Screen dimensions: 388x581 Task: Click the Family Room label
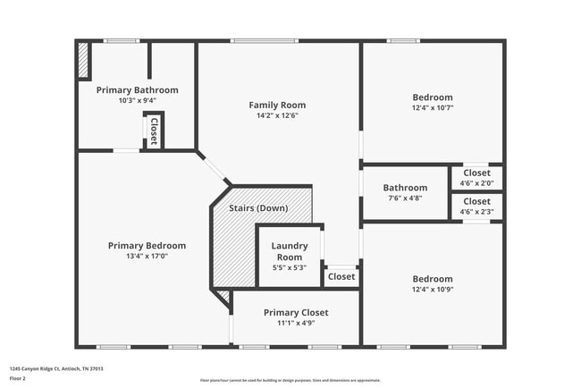[277, 105]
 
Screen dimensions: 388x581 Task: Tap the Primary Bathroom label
[137, 90]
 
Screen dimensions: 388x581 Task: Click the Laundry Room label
[290, 251]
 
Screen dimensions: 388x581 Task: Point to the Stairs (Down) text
[258, 207]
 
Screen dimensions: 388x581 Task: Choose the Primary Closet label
[296, 312]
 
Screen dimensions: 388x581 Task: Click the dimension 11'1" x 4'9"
[296, 323]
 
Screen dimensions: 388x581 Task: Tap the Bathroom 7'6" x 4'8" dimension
[405, 198]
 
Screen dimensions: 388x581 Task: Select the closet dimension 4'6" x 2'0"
[476, 183]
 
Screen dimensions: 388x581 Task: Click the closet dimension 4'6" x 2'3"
[476, 212]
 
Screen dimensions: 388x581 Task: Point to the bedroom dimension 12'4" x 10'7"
[432, 108]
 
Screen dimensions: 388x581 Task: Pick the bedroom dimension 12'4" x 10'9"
[432, 290]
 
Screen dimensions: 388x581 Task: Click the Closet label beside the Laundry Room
[341, 277]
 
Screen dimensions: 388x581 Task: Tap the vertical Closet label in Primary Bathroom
[154, 131]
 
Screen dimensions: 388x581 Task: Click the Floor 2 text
[19, 378]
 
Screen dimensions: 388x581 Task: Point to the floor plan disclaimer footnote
[290, 380]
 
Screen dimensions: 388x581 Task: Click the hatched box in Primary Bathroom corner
[83, 61]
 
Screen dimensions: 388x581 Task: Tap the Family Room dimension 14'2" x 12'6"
[277, 115]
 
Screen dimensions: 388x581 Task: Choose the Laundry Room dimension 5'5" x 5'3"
[290, 267]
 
